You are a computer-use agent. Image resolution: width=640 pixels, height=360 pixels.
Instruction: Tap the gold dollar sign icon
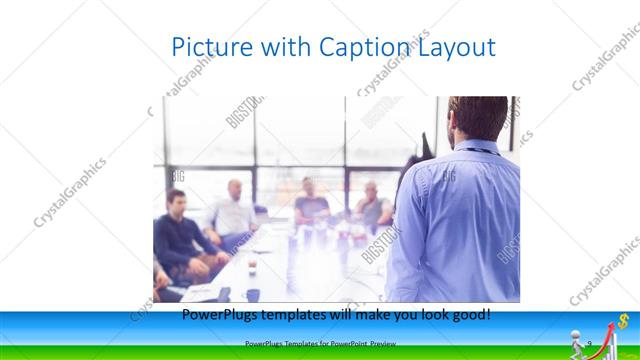coord(623,321)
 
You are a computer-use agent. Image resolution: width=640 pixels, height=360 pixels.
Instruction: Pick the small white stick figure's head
coord(576,333)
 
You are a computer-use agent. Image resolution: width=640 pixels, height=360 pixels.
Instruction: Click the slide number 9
coord(589,345)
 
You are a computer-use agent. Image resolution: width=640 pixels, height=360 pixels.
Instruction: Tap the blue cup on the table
coord(253,294)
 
